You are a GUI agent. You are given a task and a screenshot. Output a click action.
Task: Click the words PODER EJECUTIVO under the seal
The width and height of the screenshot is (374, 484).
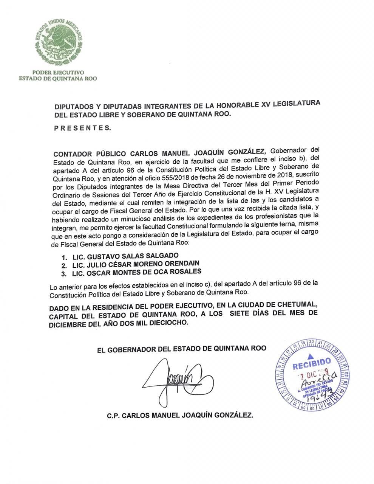[x=58, y=72]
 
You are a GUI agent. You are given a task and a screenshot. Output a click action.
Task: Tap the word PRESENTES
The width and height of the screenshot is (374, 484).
[x=83, y=128]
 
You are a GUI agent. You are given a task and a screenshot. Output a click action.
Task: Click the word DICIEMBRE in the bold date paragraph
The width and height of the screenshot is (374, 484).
[x=68, y=324]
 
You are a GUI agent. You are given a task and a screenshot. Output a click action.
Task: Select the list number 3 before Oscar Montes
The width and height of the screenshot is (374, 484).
[x=64, y=273]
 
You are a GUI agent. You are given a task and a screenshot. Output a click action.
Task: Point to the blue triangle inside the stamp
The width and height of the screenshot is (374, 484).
[x=311, y=356]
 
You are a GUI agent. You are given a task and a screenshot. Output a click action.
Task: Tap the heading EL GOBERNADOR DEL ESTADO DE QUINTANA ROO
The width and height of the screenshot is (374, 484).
[x=182, y=349]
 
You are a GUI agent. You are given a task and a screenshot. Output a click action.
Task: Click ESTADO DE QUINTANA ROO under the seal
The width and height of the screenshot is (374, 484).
[x=58, y=79]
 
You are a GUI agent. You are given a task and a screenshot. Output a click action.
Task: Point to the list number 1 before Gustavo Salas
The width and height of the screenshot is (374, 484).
[x=64, y=257]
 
